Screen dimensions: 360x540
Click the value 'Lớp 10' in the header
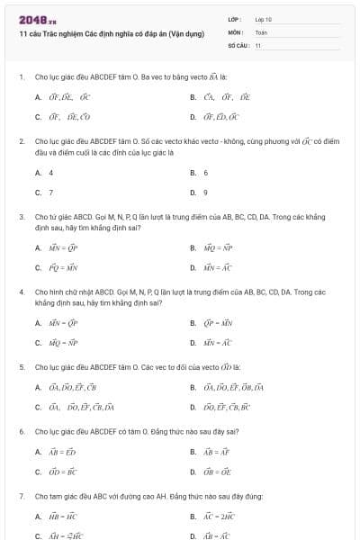tap(263, 18)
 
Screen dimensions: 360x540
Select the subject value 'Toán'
tap(261, 31)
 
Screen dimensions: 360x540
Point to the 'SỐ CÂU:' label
tap(238, 44)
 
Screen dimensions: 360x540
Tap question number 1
tap(21, 76)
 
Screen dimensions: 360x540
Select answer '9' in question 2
tap(205, 192)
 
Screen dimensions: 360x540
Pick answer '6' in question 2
tap(205, 172)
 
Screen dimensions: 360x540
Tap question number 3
tap(21, 217)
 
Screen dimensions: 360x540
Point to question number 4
tap(21, 292)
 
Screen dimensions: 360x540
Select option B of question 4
tap(214, 322)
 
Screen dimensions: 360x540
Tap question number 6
tap(21, 432)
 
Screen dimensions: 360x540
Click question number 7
tap(21, 496)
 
